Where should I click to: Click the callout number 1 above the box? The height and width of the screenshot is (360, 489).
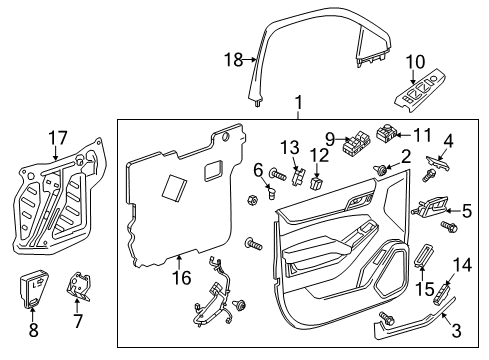coord(297,103)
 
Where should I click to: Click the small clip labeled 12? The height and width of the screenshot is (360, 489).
coord(319,183)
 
